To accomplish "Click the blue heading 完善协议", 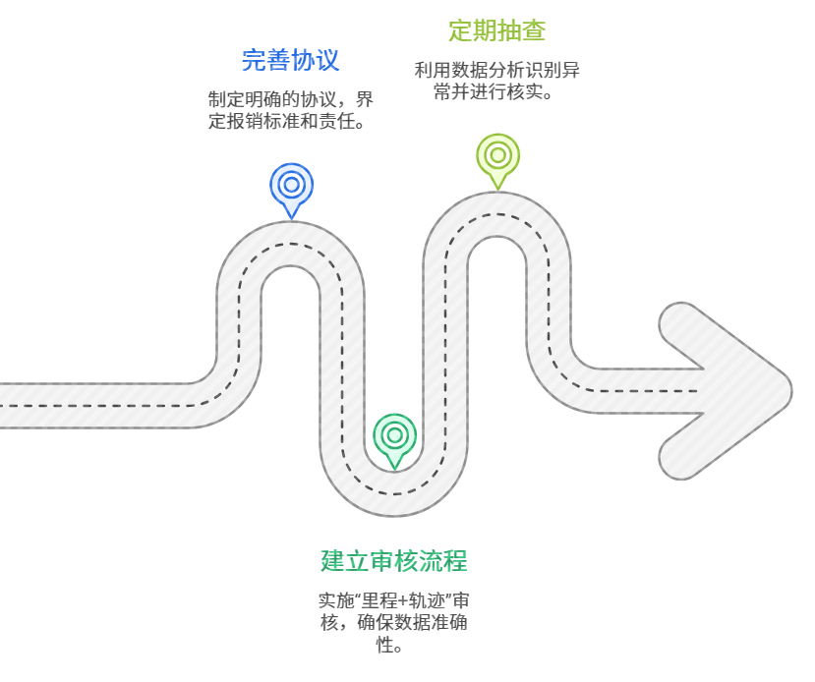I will pyautogui.click(x=291, y=60).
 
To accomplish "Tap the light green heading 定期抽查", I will pyautogui.click(x=497, y=30).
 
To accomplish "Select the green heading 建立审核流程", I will pyautogui.click(x=393, y=561).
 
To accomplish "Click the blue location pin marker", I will pyautogui.click(x=291, y=186).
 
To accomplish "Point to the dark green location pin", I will pyautogui.click(x=394, y=436).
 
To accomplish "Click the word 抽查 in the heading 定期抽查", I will pyautogui.click(x=522, y=30).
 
